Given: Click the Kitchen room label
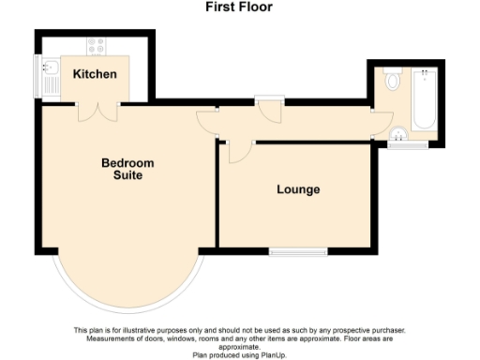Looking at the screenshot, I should click(95, 73).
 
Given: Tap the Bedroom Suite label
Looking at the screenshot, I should click(127, 169).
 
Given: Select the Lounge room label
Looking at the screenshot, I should click(298, 189).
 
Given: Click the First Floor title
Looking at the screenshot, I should click(239, 7).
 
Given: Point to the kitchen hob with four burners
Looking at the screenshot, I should click(97, 43).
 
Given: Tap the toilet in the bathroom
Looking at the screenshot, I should click(390, 81).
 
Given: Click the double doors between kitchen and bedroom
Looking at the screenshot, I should click(97, 110).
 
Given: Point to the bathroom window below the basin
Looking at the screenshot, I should click(408, 145).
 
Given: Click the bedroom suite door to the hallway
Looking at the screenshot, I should click(206, 120).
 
